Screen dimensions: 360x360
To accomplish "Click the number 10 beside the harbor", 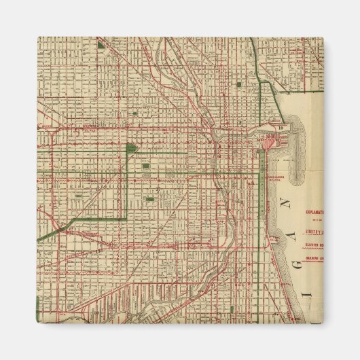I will tap(281, 126).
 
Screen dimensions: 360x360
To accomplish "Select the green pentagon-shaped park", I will tap(130, 147).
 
